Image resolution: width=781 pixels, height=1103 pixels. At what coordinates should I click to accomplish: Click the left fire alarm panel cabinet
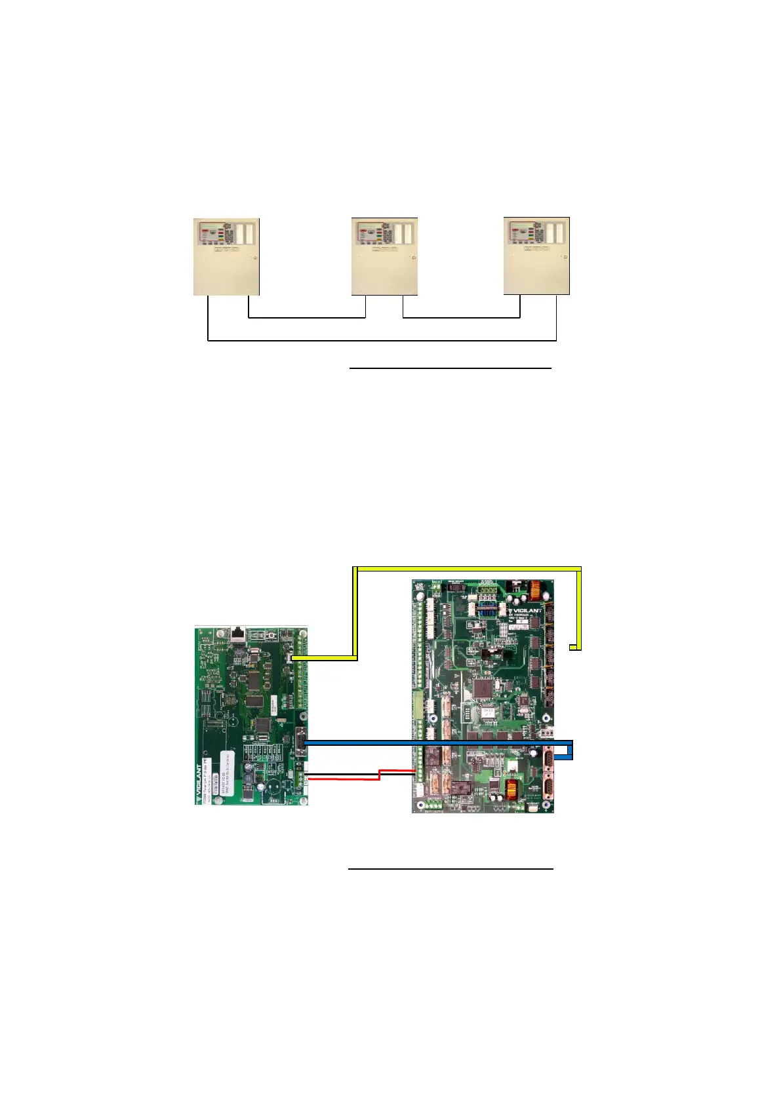(226, 257)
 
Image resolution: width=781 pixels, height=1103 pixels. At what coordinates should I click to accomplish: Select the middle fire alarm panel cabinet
(384, 257)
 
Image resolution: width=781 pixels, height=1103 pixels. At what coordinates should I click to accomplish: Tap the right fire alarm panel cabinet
(536, 256)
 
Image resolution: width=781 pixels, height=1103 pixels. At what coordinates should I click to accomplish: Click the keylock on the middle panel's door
(413, 258)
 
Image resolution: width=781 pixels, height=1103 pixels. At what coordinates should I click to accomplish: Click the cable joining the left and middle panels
(306, 318)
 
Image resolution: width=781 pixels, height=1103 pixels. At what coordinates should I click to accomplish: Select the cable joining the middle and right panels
(461, 318)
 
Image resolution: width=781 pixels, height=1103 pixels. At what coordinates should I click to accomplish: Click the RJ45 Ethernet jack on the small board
(237, 634)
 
